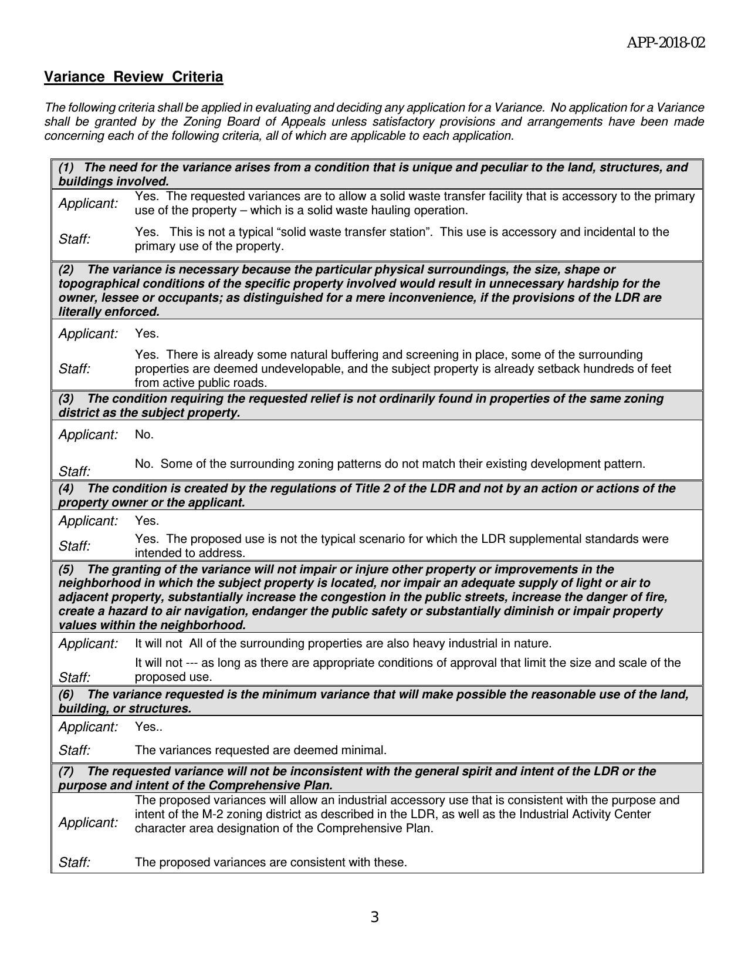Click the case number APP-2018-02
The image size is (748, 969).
(666, 43)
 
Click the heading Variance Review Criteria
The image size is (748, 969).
(134, 77)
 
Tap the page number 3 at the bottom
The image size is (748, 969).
(374, 917)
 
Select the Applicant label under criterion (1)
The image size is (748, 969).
(88, 204)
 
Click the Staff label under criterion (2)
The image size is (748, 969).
(75, 369)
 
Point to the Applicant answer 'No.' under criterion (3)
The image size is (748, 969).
(144, 434)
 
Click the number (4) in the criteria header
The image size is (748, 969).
(66, 488)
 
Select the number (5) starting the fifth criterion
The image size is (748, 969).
(66, 569)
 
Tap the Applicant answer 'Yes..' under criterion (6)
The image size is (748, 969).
(148, 727)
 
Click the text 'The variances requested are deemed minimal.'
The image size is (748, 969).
(260, 750)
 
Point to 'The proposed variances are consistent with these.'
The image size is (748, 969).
(270, 862)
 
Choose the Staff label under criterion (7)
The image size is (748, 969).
(75, 862)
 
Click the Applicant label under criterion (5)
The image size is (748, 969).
(88, 643)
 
